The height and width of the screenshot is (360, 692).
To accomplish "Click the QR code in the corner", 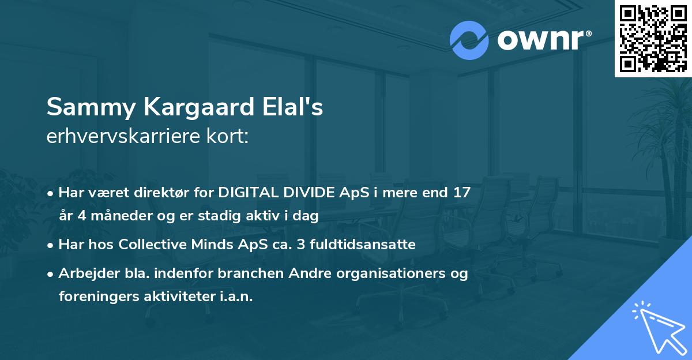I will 653,38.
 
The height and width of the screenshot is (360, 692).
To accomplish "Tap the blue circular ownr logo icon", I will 469,40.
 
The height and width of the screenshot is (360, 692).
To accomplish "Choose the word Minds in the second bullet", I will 211,244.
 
